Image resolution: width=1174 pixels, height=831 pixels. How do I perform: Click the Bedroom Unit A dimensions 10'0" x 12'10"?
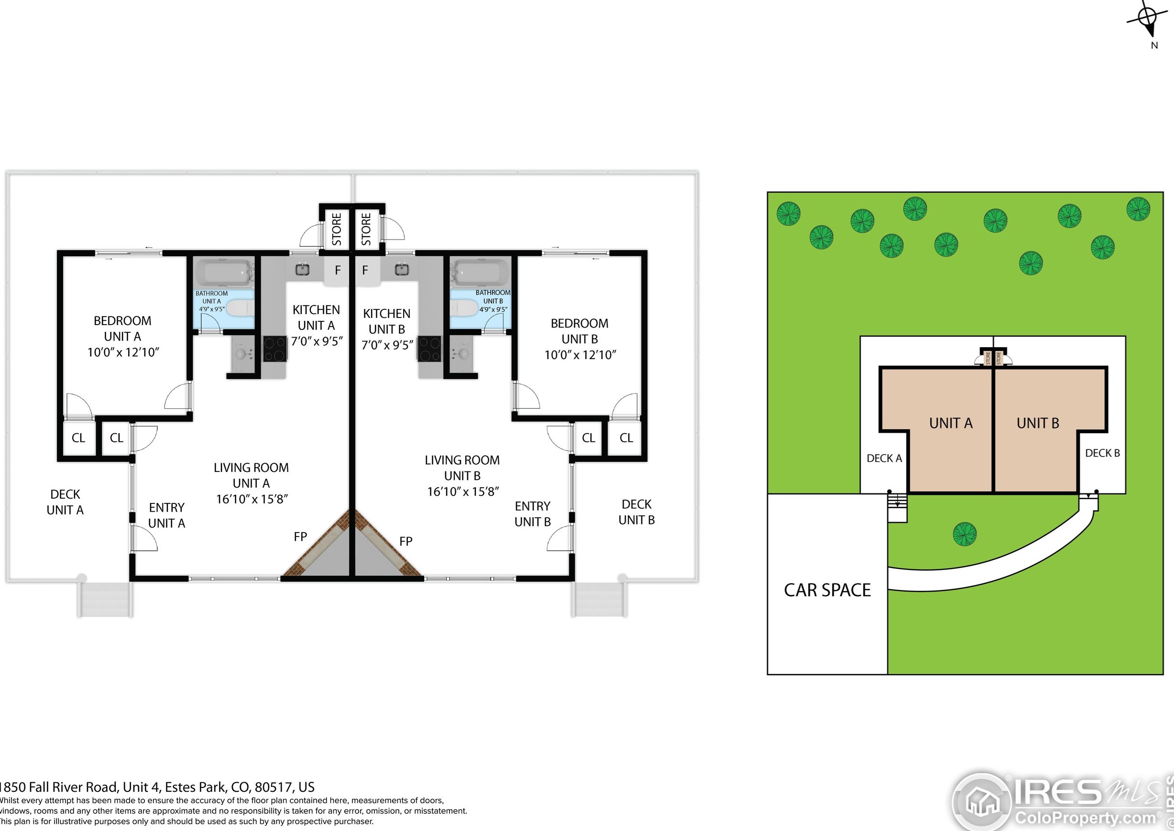[123, 352]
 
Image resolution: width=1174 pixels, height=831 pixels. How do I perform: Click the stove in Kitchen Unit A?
[275, 349]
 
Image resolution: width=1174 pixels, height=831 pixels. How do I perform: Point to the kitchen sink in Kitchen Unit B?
[402, 269]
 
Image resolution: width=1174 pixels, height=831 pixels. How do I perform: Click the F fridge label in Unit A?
[337, 270]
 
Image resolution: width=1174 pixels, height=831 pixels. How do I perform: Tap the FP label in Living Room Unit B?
[406, 541]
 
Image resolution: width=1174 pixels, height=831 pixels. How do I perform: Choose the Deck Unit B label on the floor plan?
[636, 512]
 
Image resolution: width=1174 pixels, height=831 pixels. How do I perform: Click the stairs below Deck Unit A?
[105, 600]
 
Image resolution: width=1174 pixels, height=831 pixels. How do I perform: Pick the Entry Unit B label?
[532, 514]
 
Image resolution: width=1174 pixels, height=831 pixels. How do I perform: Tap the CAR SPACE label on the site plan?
[827, 590]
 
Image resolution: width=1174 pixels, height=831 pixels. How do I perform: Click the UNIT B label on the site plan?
[1037, 423]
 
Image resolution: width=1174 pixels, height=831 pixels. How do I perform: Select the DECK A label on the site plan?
[884, 459]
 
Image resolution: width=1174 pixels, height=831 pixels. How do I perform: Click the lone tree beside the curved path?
[964, 534]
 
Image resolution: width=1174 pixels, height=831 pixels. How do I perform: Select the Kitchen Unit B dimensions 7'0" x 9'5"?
[387, 345]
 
